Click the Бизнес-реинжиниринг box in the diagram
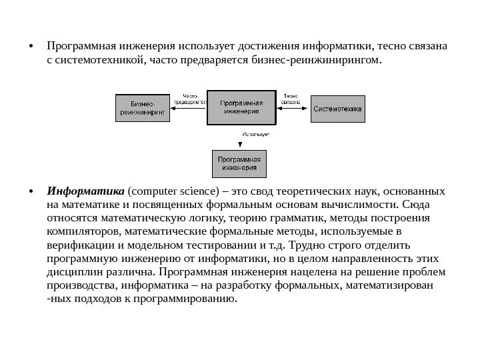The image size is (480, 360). [x=145, y=109]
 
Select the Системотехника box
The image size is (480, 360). [x=338, y=108]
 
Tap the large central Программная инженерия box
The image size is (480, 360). [x=241, y=107]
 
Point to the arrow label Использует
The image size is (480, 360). [x=255, y=135]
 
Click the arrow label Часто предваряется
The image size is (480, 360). [x=191, y=99]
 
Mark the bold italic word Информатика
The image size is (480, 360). [x=85, y=192]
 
